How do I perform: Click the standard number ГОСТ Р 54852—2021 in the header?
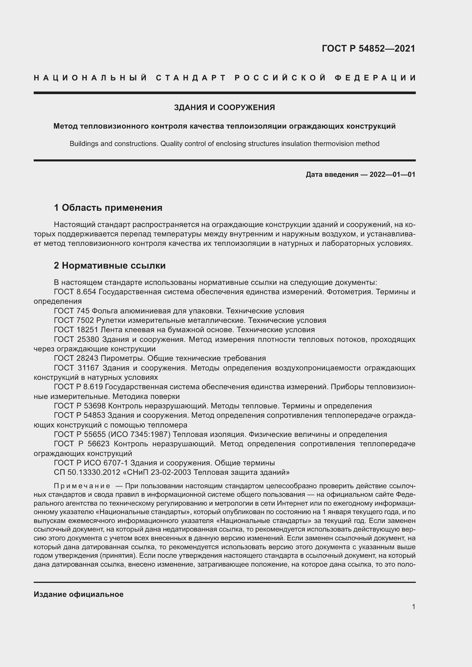pos(368,48)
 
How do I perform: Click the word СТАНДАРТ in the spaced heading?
pos(191,78)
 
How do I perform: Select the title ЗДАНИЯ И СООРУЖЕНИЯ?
pos(224,108)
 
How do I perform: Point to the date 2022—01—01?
pos(392,174)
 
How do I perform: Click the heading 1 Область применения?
pos(108,207)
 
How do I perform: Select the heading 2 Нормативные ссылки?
pos(110,265)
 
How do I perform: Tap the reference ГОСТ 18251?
pos(76,330)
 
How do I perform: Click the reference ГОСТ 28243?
pos(76,358)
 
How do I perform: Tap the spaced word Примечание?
pos(82,486)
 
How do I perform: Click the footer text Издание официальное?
pos(78,594)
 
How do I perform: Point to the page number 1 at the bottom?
pos(413,607)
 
